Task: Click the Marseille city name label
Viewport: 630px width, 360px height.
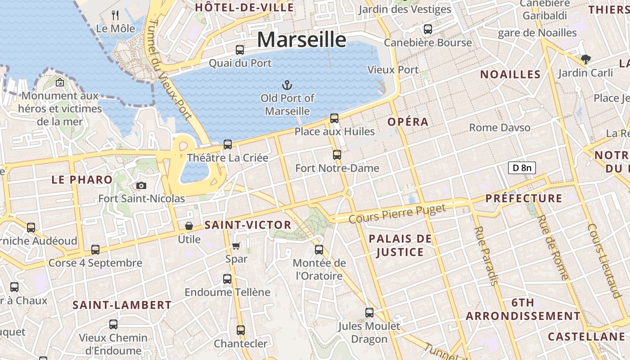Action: click(x=301, y=40)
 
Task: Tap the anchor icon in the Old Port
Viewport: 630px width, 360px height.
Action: click(x=287, y=85)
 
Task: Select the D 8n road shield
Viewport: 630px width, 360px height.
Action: click(x=522, y=168)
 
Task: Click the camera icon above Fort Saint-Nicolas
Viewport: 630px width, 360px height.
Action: click(x=141, y=185)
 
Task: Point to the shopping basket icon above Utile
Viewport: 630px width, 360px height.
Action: click(x=189, y=225)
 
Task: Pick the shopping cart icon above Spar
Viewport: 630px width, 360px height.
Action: click(x=236, y=246)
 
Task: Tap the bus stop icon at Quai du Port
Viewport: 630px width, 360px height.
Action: click(x=240, y=49)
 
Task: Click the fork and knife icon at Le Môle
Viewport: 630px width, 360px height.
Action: click(x=116, y=15)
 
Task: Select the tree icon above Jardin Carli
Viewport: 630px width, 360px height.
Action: click(x=585, y=59)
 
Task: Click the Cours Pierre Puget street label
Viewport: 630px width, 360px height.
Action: click(x=397, y=213)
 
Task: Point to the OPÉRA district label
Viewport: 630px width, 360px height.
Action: click(x=408, y=122)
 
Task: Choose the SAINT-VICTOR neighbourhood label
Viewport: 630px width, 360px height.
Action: click(x=248, y=225)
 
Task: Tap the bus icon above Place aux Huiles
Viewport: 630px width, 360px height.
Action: click(x=334, y=118)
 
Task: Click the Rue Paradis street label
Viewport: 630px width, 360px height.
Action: click(x=486, y=256)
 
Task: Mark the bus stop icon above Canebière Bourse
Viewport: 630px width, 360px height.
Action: click(x=428, y=29)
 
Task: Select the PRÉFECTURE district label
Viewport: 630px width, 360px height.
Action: click(x=524, y=198)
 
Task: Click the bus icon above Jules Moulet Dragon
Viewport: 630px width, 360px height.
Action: click(x=369, y=312)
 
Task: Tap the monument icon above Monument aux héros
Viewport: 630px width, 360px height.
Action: click(x=60, y=82)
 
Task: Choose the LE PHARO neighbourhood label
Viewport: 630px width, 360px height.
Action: click(x=82, y=180)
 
